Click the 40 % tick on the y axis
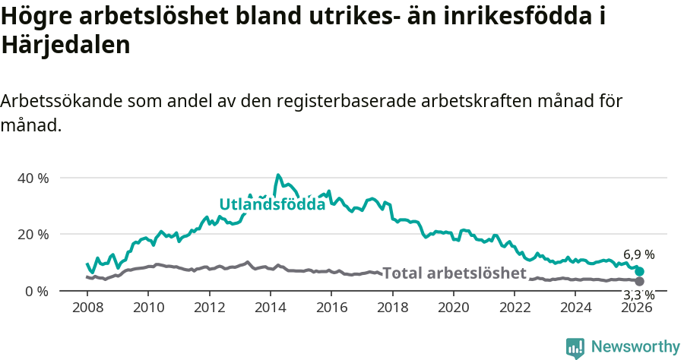tap(33, 178)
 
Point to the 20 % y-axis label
tap(33, 234)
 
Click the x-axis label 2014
tap(270, 307)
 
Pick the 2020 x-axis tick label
tap(454, 307)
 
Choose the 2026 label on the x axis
tap(637, 307)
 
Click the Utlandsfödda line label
tap(272, 204)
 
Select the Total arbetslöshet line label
tap(454, 273)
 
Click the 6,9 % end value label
tap(638, 254)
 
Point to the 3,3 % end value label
tap(638, 295)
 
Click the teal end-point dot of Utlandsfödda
tap(640, 271)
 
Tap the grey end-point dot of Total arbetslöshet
tap(640, 282)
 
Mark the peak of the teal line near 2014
tap(278, 175)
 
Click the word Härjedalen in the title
tap(66, 45)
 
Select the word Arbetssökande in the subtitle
tap(63, 101)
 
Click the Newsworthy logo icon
tap(575, 347)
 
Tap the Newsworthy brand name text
tap(635, 347)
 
